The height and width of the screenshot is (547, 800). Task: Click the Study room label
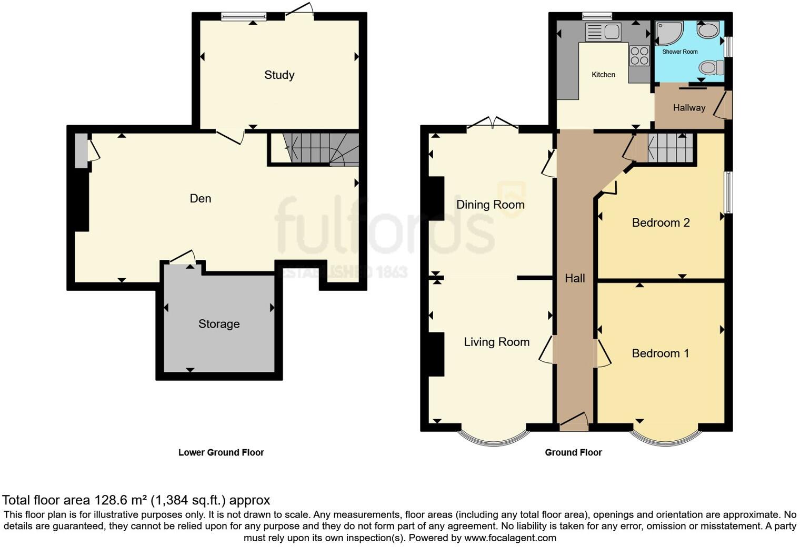279,75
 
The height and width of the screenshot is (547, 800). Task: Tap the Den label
201,198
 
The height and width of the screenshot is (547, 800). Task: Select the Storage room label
219,324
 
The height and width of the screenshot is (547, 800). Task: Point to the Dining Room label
491,205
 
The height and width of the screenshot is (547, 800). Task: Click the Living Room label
496,342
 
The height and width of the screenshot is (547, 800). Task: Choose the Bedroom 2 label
661,222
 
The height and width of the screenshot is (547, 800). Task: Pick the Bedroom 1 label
661,353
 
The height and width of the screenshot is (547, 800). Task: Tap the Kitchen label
603,75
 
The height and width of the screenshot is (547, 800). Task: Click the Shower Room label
679,52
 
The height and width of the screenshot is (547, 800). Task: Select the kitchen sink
603,32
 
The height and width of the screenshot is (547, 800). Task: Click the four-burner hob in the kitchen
639,56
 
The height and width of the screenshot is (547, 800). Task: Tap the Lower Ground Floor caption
221,452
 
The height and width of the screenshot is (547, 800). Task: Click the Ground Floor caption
573,452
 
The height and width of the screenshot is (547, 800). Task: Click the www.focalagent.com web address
510,538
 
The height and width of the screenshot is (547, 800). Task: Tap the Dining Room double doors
493,123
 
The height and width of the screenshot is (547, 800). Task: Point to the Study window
244,16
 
